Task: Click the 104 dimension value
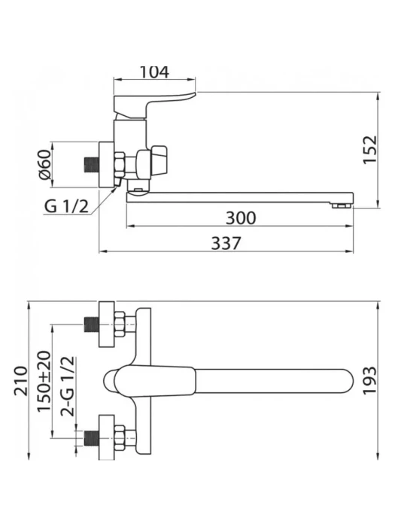[x=154, y=72]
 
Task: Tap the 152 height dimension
[x=370, y=150]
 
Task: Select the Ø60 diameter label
[x=44, y=165]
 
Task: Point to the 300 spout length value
[x=241, y=218]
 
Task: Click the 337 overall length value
[x=226, y=243]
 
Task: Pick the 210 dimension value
[x=20, y=381]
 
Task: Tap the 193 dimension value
[x=370, y=381]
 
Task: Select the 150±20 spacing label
[x=44, y=381]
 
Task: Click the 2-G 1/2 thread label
[x=67, y=386]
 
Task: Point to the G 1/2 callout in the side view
[x=66, y=206]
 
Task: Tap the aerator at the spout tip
[x=342, y=206]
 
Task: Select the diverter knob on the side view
[x=159, y=160]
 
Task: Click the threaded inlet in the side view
[x=91, y=164]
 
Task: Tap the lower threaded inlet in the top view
[x=91, y=438]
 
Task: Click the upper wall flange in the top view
[x=107, y=324]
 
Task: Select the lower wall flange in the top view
[x=107, y=437]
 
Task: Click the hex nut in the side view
[x=120, y=165]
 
